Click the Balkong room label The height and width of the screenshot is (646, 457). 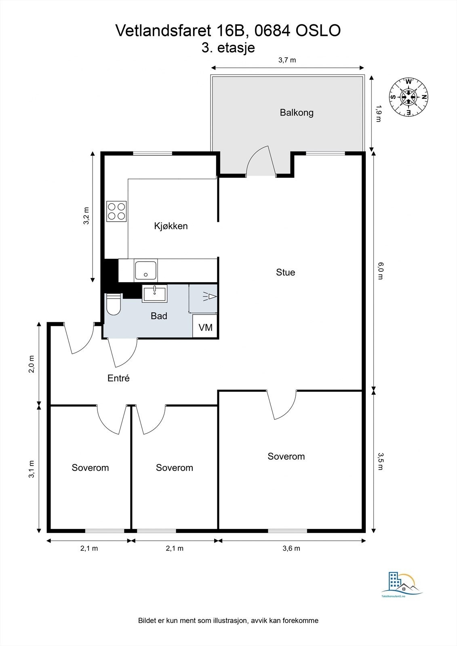coord(297,113)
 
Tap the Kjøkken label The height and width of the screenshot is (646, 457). coord(171,226)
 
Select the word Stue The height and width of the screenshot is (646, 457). coord(285,273)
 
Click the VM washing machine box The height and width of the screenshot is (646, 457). coord(206,327)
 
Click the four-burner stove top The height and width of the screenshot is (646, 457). coord(116,211)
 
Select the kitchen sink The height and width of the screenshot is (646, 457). coord(145,271)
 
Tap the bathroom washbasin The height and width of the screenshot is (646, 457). coord(154,294)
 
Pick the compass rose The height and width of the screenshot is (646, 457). coord(409,96)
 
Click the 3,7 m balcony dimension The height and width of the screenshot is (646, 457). coord(287,60)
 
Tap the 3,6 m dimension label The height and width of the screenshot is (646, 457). coord(291,548)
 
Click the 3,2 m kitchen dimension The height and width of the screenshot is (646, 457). coord(86,216)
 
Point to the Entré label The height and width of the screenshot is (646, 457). coord(118,378)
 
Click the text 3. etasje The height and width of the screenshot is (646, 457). coord(228,48)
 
